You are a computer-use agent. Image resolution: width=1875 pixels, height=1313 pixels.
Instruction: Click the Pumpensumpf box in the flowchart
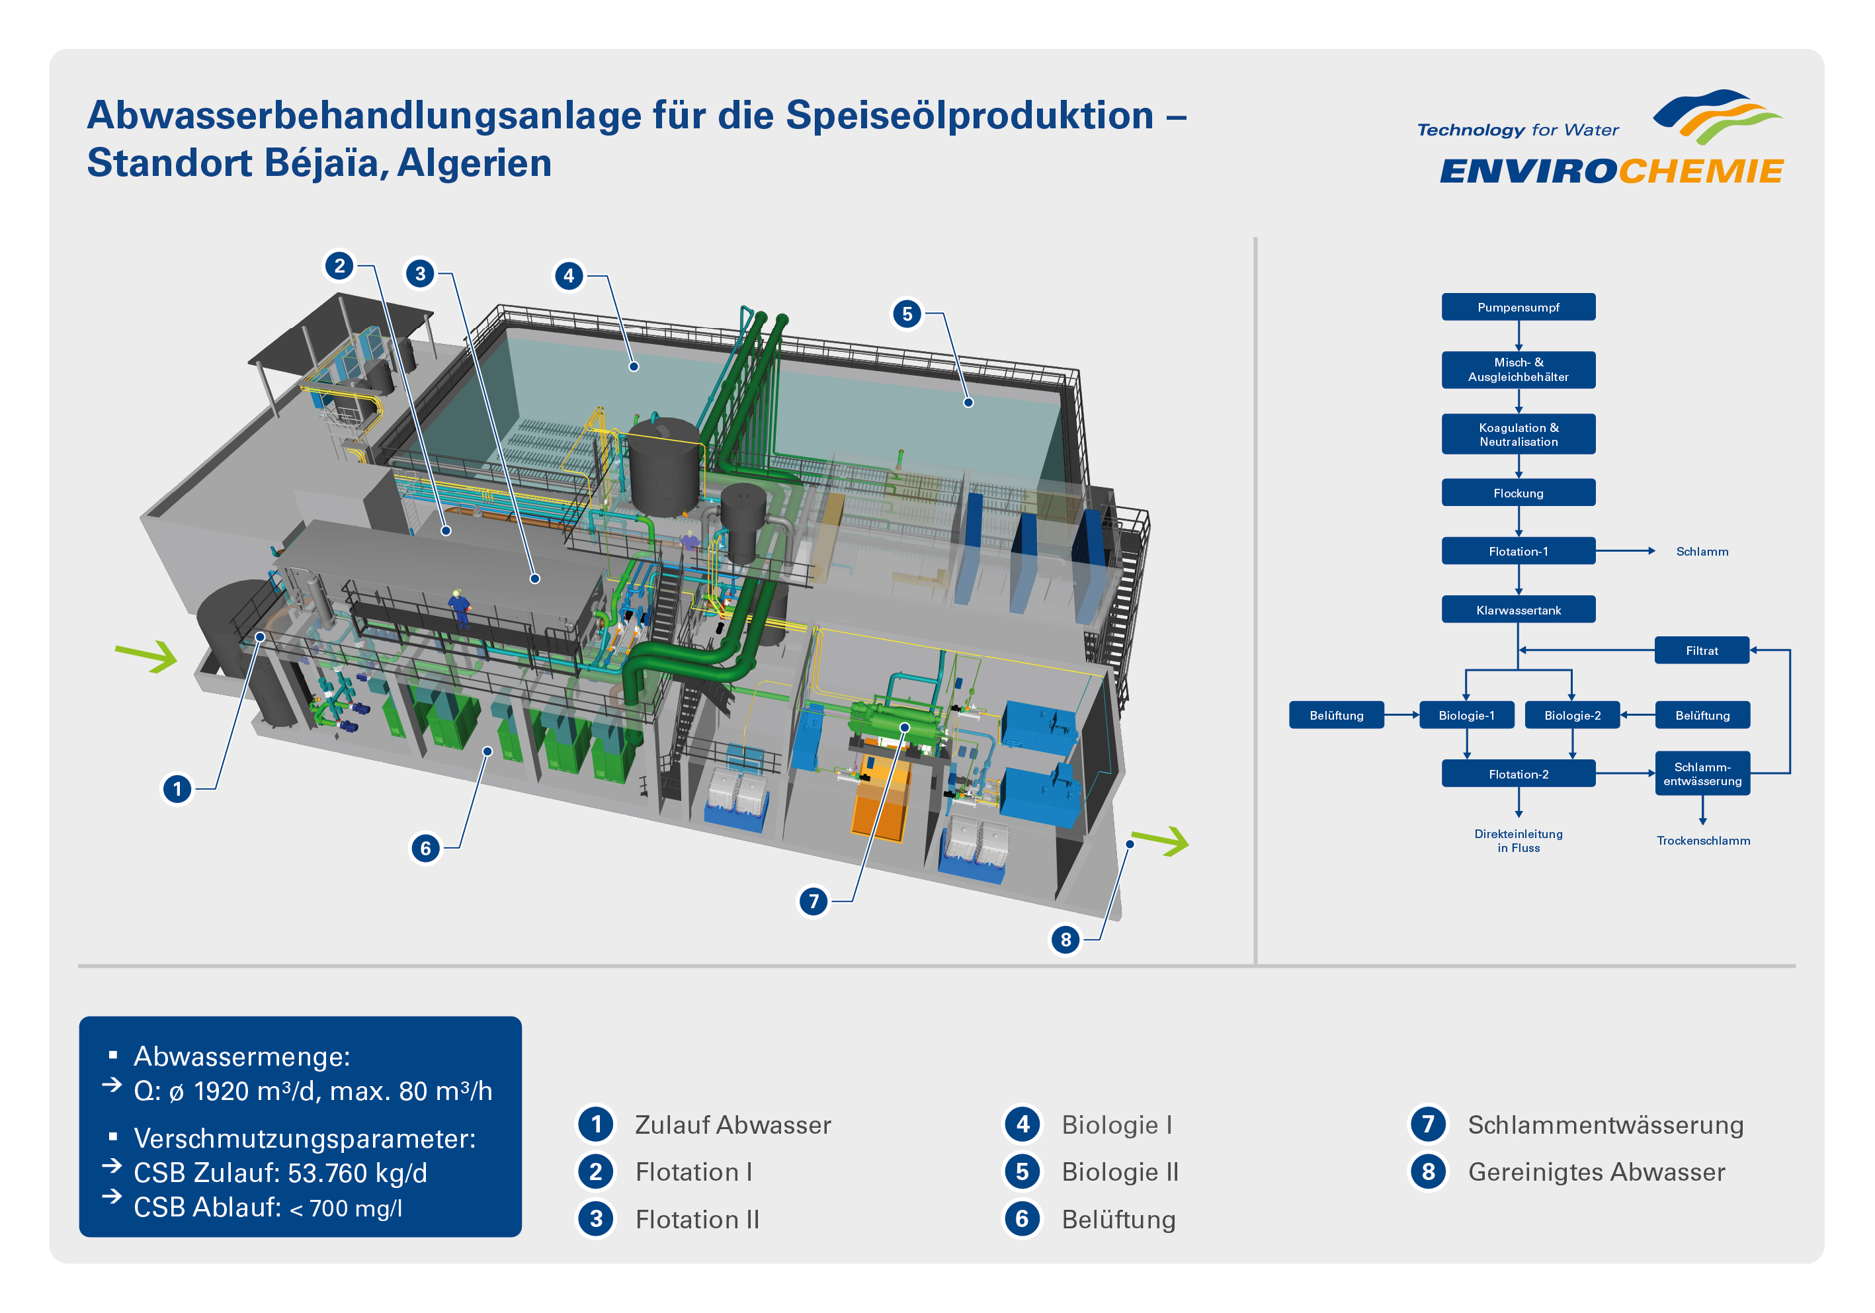[x=1518, y=307]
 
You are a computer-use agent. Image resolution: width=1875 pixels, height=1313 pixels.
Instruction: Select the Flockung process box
[x=1518, y=492]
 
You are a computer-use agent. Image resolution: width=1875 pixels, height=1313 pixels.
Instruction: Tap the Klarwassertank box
[x=1518, y=609]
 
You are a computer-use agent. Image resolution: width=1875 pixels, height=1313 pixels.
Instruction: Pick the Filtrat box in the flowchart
[x=1702, y=650]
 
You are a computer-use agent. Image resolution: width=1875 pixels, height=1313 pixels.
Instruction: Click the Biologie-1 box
[x=1467, y=714]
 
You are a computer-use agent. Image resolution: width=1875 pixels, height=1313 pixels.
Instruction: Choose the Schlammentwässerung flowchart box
[x=1702, y=773]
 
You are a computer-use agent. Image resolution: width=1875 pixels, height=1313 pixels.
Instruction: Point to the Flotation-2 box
[x=1518, y=773]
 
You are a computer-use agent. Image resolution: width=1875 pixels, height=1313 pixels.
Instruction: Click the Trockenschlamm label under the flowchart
[x=1702, y=840]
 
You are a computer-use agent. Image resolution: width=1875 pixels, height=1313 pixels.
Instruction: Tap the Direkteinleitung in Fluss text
[x=1518, y=840]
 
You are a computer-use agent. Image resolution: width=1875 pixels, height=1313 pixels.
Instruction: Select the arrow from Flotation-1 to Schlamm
[x=1625, y=551]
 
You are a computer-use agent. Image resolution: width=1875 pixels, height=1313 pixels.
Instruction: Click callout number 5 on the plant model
[x=907, y=314]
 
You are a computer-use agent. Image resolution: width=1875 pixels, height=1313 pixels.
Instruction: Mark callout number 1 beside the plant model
[x=177, y=788]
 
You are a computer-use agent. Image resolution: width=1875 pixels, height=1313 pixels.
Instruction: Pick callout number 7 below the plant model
[x=813, y=902]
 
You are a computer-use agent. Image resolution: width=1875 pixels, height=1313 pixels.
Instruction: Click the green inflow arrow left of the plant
[x=147, y=656]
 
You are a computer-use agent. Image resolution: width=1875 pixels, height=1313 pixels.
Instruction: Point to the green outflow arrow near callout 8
[x=1161, y=840]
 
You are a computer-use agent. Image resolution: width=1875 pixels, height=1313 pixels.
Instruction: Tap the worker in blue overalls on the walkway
[x=460, y=609]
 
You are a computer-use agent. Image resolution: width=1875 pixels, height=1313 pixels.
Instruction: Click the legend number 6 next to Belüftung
[x=1022, y=1218]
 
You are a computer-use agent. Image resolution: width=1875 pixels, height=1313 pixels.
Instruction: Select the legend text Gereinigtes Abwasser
[x=1597, y=1171]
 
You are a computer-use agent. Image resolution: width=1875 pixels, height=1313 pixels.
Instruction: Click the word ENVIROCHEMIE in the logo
[x=1611, y=171]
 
